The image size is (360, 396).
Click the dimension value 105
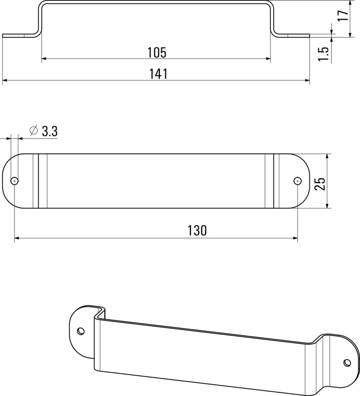tap(157, 52)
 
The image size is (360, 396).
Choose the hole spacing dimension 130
tap(197, 231)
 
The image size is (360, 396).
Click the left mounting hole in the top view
tap(15, 181)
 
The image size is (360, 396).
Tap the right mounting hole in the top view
tap(297, 181)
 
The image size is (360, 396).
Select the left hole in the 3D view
tap(81, 331)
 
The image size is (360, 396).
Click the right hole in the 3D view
tap(347, 362)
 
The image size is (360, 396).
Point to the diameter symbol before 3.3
tap(33, 131)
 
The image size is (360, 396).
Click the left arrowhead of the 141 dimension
tap(5, 80)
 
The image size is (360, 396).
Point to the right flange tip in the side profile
tap(309, 36)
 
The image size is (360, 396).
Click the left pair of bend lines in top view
tap(36, 181)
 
